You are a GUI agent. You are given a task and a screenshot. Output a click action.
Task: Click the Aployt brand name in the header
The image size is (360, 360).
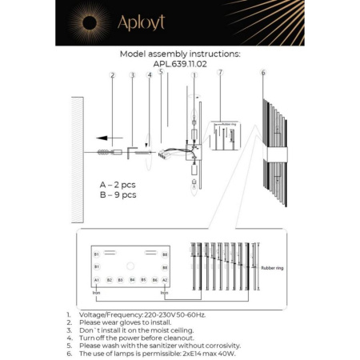click(x=142, y=23)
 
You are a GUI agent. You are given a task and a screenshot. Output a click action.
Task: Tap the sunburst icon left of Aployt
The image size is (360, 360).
click(x=90, y=23)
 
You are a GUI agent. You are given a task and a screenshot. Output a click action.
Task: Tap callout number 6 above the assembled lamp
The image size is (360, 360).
click(x=263, y=73)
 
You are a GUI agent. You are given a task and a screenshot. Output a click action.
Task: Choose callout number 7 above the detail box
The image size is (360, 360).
click(x=220, y=73)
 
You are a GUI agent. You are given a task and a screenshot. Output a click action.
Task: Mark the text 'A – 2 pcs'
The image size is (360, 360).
click(x=118, y=184)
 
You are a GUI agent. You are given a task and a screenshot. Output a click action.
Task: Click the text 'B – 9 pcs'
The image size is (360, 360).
click(x=118, y=194)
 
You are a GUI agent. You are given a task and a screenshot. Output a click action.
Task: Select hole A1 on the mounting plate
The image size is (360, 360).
click(x=97, y=280)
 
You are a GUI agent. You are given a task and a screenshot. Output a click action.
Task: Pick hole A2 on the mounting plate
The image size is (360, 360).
click(x=164, y=280)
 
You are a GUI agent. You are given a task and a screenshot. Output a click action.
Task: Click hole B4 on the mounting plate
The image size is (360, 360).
click(x=132, y=280)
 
